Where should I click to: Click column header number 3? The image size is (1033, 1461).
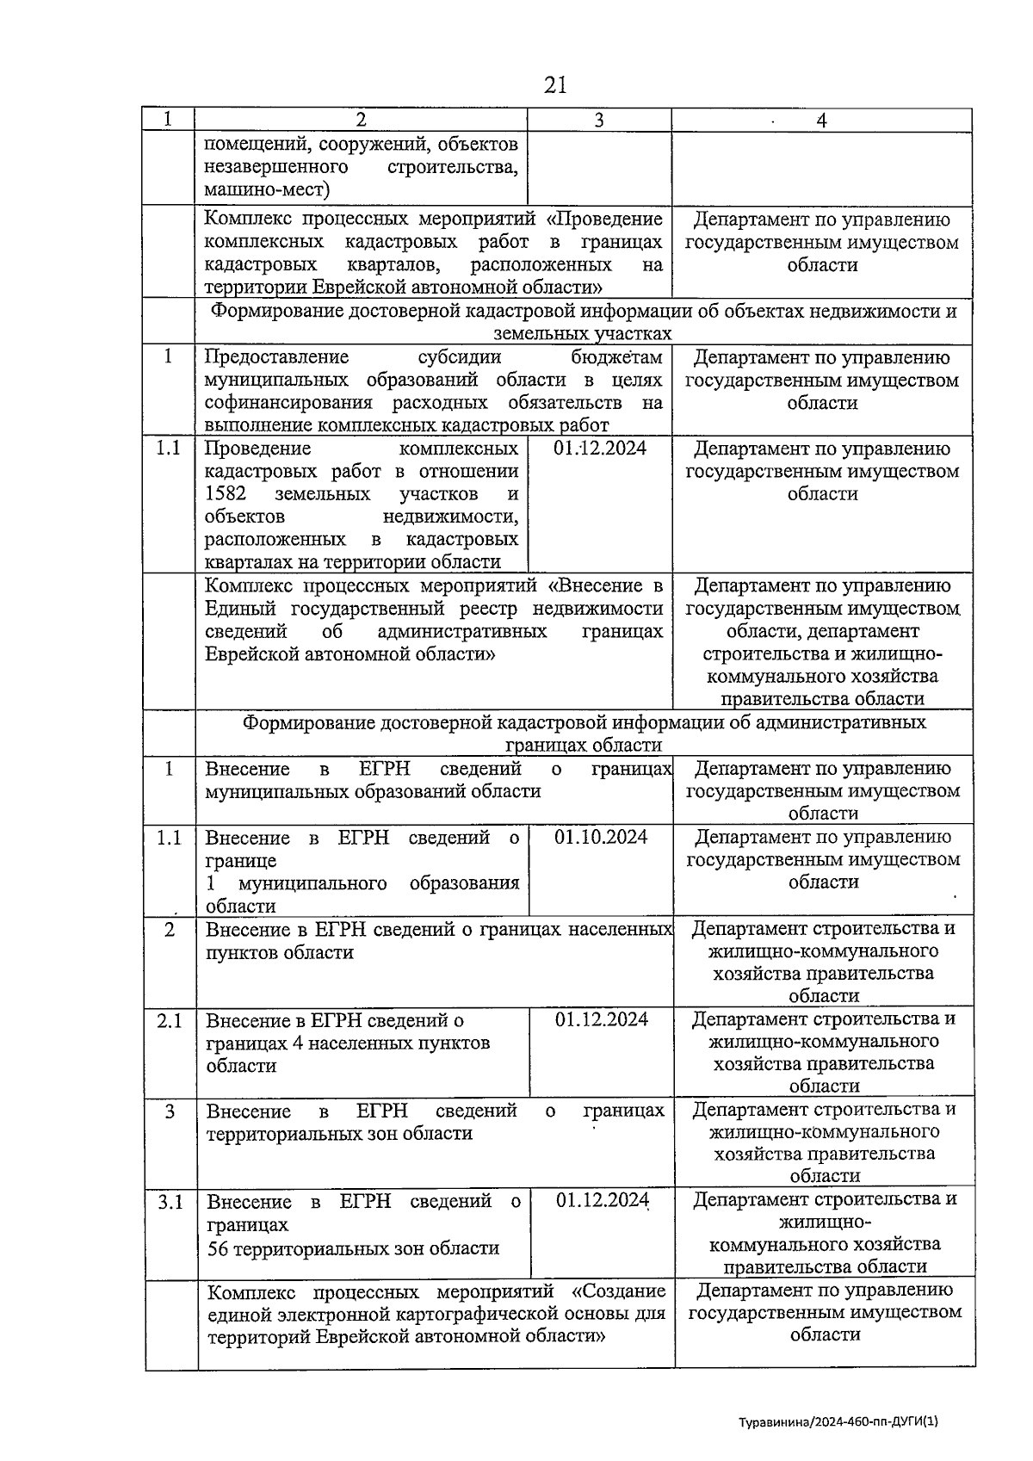pos(598,121)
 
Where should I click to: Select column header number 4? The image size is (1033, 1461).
pos(821,121)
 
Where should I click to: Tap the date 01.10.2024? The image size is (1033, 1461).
pos(601,837)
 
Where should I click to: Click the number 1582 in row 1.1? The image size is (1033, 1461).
pos(226,494)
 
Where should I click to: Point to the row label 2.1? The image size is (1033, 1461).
pos(170,1021)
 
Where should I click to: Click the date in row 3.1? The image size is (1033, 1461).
pos(602,1200)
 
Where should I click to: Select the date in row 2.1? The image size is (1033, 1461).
pos(602,1019)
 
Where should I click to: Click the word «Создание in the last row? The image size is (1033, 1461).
pos(618,1291)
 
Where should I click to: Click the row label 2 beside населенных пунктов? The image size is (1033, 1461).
pos(170,930)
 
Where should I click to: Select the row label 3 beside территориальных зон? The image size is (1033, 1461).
pos(170,1111)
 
